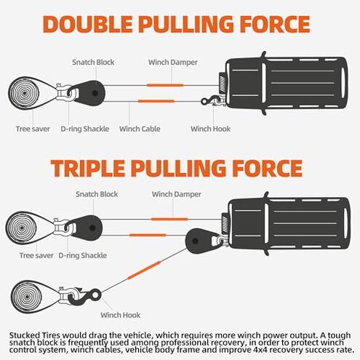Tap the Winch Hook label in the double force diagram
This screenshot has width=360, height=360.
tap(211, 129)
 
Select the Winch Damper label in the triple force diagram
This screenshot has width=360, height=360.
tap(173, 194)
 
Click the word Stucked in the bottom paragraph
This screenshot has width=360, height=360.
tap(26, 333)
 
